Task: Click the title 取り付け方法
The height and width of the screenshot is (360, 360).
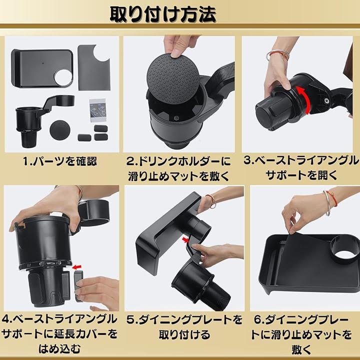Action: pos(163,14)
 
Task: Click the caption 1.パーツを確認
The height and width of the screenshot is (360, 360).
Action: pos(60,161)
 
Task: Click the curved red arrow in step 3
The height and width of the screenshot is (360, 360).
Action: pos(303,99)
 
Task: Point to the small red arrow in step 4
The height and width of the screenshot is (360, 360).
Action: pos(76,267)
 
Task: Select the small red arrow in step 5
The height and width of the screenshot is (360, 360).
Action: pos(185,240)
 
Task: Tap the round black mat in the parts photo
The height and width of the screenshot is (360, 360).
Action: pos(60,129)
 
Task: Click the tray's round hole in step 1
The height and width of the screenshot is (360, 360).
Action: pos(63,78)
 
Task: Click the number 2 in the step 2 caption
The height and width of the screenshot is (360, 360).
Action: pos(130,161)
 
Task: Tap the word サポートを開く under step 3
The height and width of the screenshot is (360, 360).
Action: pos(301,175)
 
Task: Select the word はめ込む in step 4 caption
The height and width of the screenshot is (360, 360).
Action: pos(59,349)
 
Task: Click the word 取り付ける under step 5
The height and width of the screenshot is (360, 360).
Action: pos(184,334)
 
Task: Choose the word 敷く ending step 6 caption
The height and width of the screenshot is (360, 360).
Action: pos(301,349)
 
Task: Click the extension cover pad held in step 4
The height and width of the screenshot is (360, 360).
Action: pos(78,285)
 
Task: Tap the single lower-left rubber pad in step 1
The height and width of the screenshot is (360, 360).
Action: pos(84,137)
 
